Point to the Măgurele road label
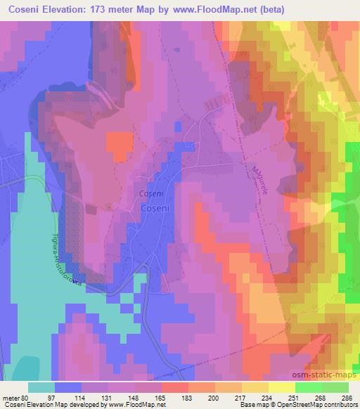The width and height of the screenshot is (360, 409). [259, 176]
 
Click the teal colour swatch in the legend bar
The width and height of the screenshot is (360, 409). [41, 387]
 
